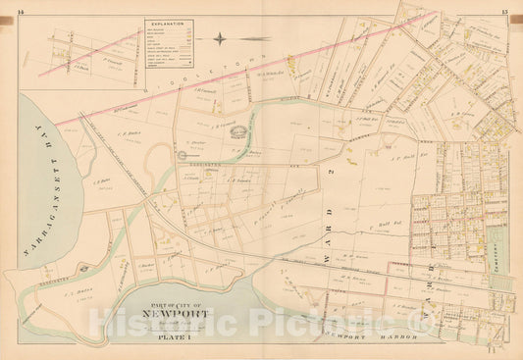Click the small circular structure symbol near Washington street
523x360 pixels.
coord(181,154)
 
